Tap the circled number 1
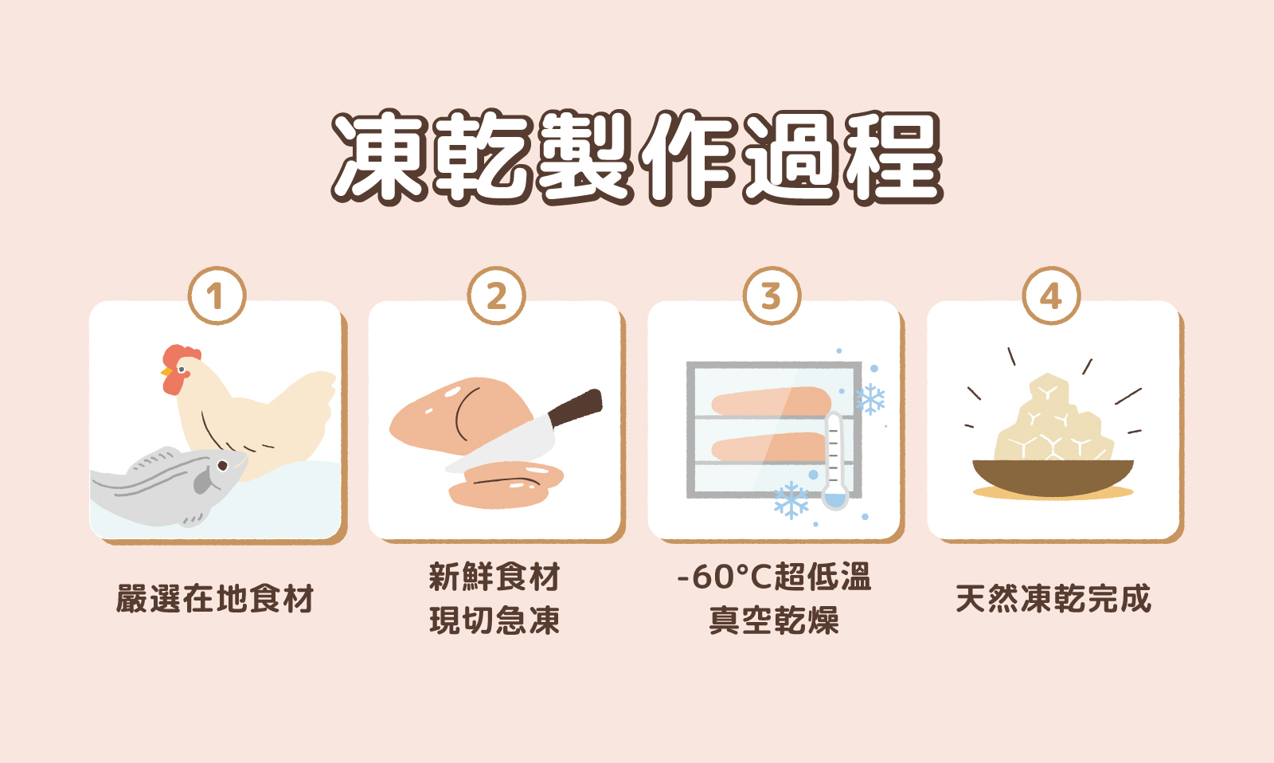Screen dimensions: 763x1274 [217, 296]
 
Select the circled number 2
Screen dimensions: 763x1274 [496, 296]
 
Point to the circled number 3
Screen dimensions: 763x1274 [772, 296]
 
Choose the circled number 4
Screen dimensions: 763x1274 [1051, 296]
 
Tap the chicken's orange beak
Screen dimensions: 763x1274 [166, 372]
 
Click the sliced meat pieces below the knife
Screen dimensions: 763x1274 [506, 484]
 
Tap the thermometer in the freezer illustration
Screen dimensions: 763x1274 [834, 462]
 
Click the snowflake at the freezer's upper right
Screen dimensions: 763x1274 [870, 399]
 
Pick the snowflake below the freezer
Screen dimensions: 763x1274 [791, 500]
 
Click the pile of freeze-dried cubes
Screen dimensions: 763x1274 [1051, 422]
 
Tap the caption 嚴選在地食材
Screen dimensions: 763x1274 [216, 599]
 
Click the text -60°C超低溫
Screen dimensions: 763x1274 [774, 577]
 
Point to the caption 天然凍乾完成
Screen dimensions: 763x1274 [1053, 599]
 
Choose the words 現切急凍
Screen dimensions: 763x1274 [494, 620]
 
